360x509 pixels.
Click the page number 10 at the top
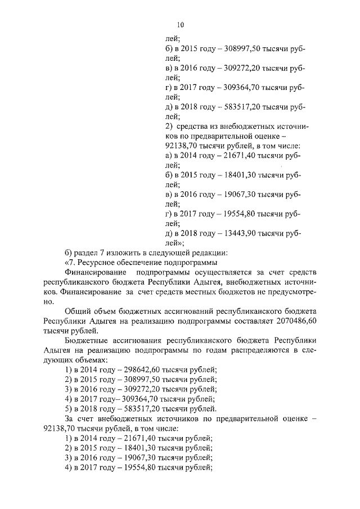180,25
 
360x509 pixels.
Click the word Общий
79,311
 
